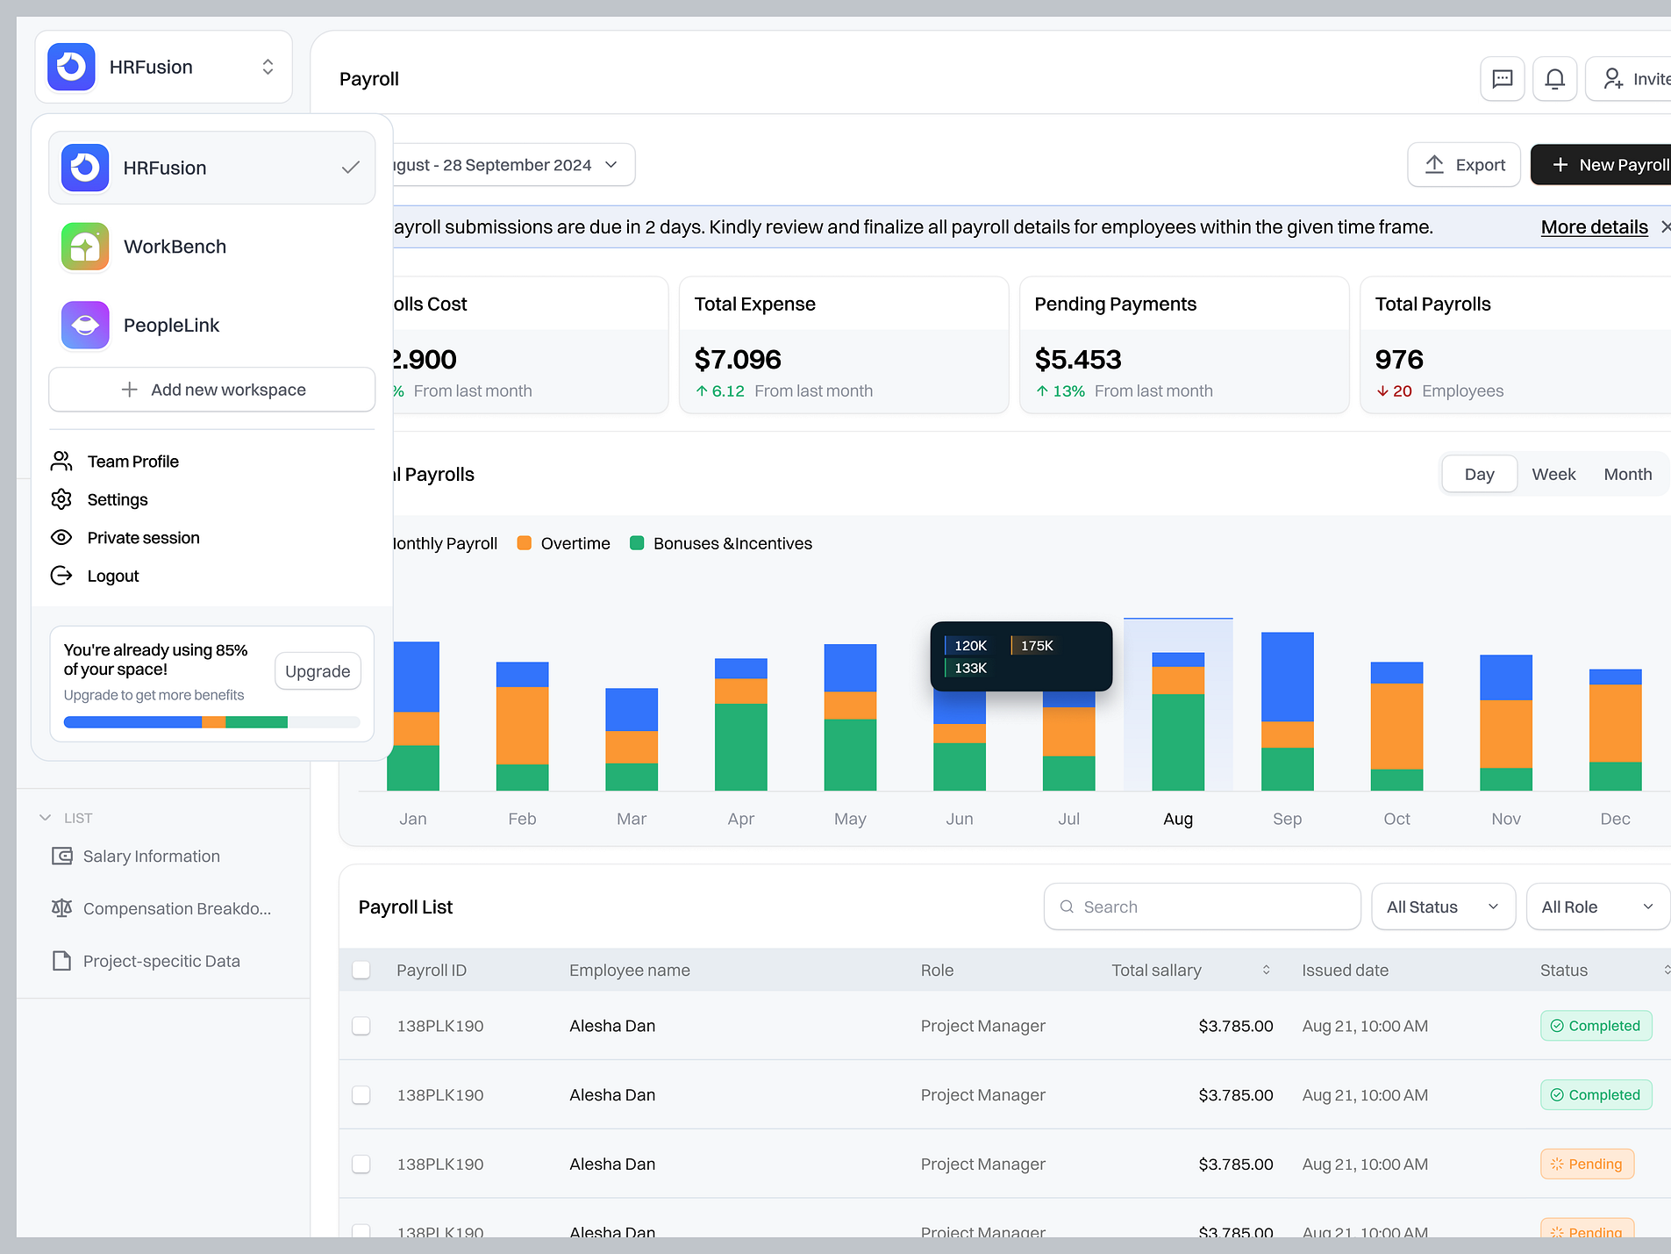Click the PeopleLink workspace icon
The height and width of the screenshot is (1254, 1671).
point(85,326)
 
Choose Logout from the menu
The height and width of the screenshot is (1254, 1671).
point(113,576)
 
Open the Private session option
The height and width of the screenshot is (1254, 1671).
point(143,538)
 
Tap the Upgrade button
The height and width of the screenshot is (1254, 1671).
point(318,671)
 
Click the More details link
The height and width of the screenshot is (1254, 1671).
point(1594,227)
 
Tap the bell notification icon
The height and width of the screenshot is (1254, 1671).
point(1554,79)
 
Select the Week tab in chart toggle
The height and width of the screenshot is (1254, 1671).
point(1553,475)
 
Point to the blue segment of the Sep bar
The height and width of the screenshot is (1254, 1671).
point(1287,676)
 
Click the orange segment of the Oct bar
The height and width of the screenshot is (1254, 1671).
point(1396,726)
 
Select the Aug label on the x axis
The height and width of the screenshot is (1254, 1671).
point(1178,819)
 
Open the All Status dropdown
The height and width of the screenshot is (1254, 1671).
point(1442,906)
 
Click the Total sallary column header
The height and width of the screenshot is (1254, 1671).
point(1156,971)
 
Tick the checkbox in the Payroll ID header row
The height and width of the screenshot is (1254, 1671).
point(361,971)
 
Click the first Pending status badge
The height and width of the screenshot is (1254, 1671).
point(1587,1164)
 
